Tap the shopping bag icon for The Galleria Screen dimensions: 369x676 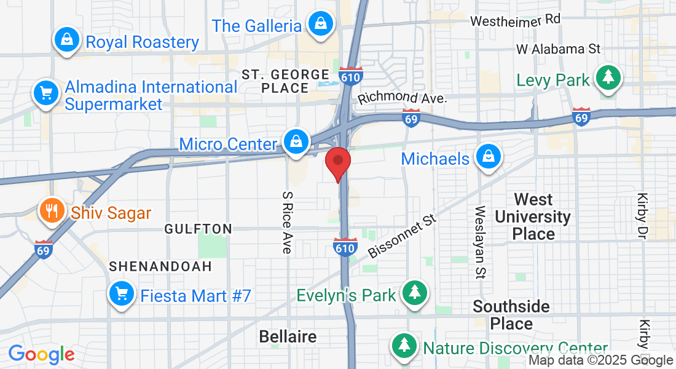[320, 25]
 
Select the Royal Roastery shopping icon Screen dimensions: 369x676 [66, 41]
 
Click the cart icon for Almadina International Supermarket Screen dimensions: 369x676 [45, 93]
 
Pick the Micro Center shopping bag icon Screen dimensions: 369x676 [296, 142]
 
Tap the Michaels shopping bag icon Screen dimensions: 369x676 [489, 157]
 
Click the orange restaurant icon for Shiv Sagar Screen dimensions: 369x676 [52, 212]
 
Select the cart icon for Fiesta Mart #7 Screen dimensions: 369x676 [121, 294]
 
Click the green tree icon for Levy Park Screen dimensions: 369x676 [608, 77]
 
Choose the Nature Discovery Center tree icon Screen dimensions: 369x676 [404, 346]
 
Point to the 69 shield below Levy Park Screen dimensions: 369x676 [581, 117]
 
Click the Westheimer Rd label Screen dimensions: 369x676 [516, 20]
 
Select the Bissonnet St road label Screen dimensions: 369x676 [402, 237]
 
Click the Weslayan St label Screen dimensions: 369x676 [480, 242]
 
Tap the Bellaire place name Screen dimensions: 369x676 [288, 336]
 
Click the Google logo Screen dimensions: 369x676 [41, 354]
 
